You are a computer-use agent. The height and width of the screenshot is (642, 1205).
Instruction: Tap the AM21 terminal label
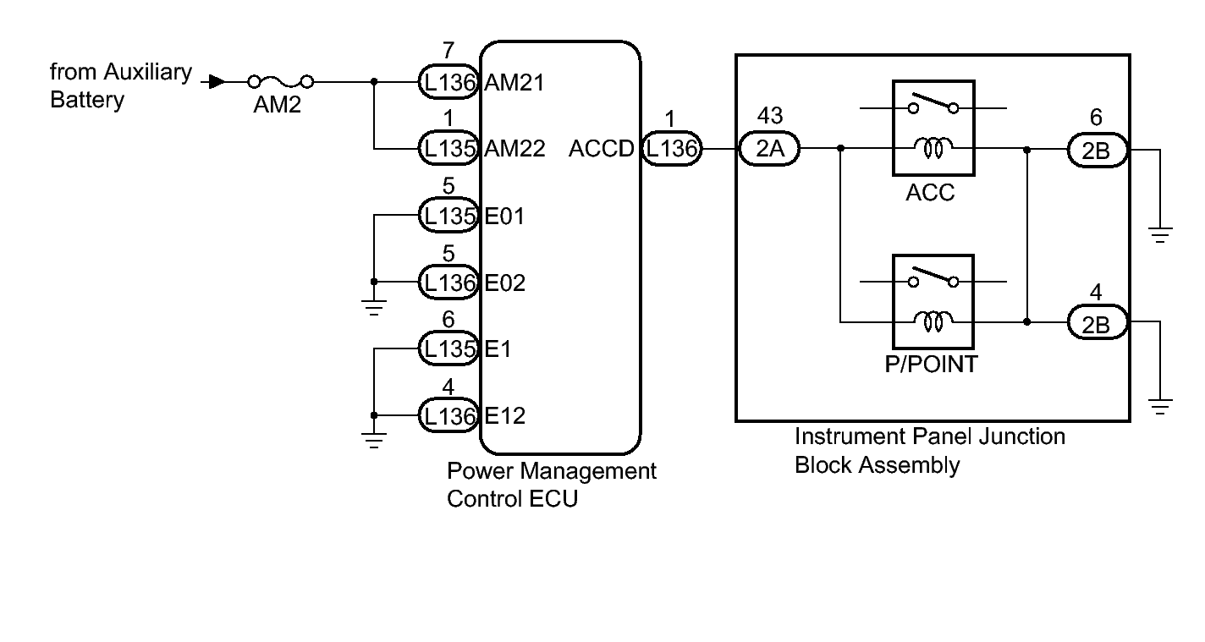tap(514, 82)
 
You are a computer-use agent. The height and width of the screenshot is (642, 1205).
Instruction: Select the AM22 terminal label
tap(514, 149)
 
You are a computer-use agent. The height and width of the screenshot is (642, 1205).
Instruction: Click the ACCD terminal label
tap(601, 149)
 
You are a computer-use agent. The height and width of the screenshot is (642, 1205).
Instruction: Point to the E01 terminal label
tap(504, 216)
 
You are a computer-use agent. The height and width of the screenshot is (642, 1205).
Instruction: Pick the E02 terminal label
tap(505, 283)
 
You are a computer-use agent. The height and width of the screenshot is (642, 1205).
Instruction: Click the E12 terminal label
tap(505, 415)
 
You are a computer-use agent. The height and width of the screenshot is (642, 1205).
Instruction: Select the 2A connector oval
tap(769, 149)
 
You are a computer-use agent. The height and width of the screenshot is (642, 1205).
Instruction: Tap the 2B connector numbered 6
tap(1098, 150)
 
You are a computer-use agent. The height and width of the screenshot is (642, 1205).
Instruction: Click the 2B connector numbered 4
tap(1098, 322)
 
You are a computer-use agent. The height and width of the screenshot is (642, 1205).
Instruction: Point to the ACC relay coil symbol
tap(933, 149)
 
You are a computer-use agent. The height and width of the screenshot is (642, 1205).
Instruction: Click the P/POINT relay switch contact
tap(933, 278)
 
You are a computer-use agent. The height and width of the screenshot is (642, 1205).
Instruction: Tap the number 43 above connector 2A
tap(771, 115)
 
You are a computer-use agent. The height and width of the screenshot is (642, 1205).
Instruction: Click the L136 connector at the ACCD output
tap(671, 149)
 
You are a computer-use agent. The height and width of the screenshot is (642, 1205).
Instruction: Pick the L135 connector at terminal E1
tap(449, 348)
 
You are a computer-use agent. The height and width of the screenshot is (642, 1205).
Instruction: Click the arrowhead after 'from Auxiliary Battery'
tap(217, 82)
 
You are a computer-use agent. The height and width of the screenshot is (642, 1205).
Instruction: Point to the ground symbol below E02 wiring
tap(375, 306)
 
